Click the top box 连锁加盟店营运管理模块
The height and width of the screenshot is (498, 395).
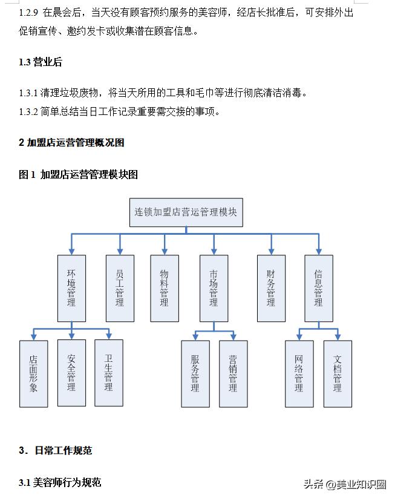(x=186, y=212)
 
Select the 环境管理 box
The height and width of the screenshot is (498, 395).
(x=71, y=288)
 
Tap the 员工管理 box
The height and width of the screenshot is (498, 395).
(x=120, y=288)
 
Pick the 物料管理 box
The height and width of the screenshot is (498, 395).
(x=164, y=288)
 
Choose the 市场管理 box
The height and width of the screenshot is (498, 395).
(x=214, y=288)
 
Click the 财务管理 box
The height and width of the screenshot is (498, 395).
(x=270, y=288)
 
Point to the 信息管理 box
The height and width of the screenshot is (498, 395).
(x=318, y=288)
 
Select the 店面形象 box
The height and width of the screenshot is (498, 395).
(x=33, y=373)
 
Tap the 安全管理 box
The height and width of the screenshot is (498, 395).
(x=71, y=373)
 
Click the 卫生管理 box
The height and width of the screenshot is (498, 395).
(x=108, y=373)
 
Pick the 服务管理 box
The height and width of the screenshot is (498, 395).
(x=195, y=374)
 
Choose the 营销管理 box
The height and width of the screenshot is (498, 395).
(x=233, y=374)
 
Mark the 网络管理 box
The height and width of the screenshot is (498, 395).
(x=299, y=374)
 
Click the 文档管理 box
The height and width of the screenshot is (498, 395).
(x=337, y=374)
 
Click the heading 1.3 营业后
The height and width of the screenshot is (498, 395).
(x=41, y=62)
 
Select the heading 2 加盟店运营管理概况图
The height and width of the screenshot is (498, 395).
(x=71, y=143)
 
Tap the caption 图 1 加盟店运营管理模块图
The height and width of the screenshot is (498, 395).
(x=79, y=175)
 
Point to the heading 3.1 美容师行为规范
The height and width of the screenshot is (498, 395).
(x=60, y=482)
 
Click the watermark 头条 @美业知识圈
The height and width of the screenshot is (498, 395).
(x=345, y=484)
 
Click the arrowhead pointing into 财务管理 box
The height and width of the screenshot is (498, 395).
(x=270, y=251)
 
